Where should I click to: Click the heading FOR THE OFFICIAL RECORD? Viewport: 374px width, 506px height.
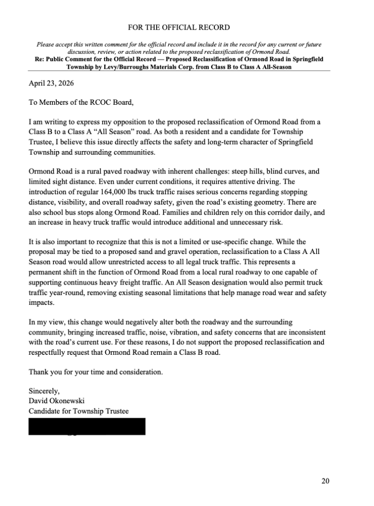179,27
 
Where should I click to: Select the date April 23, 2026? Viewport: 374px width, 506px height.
51,83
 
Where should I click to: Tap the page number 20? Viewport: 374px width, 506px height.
325,481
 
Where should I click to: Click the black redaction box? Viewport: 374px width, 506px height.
87,426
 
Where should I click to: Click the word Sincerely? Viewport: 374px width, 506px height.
44,390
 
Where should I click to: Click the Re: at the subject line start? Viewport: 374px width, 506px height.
40,59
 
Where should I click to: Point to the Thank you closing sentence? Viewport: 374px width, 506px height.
95,371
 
